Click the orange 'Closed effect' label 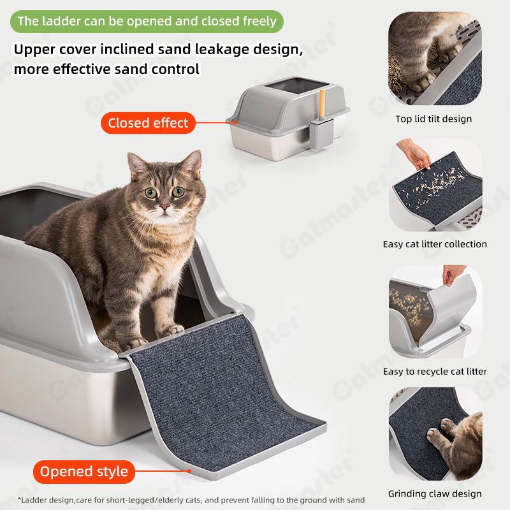[148, 123]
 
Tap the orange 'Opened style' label [84, 472]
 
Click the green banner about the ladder [147, 22]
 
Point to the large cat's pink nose [164, 207]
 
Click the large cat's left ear [136, 164]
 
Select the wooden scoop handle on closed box [323, 103]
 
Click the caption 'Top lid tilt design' [433, 119]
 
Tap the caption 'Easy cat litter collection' [435, 244]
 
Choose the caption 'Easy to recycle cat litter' [435, 372]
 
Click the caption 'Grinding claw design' [435, 493]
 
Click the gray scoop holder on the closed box [321, 133]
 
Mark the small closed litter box [289, 119]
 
